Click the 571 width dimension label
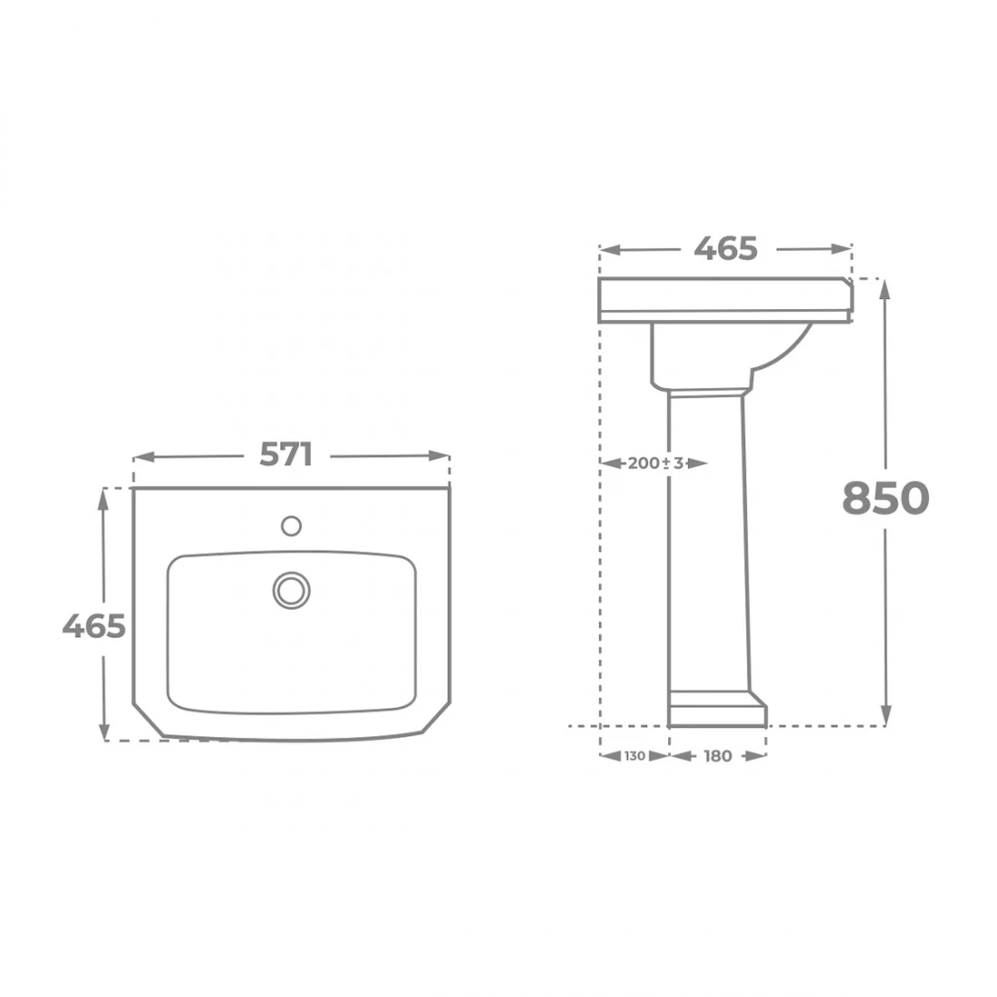(286, 455)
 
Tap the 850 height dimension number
(886, 498)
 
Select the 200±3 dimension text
(655, 463)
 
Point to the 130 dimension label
(634, 756)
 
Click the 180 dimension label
(718, 756)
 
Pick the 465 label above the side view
(725, 248)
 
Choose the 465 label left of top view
(93, 626)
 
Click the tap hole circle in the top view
(291, 526)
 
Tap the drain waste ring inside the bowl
(291, 590)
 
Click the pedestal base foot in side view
(718, 709)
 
